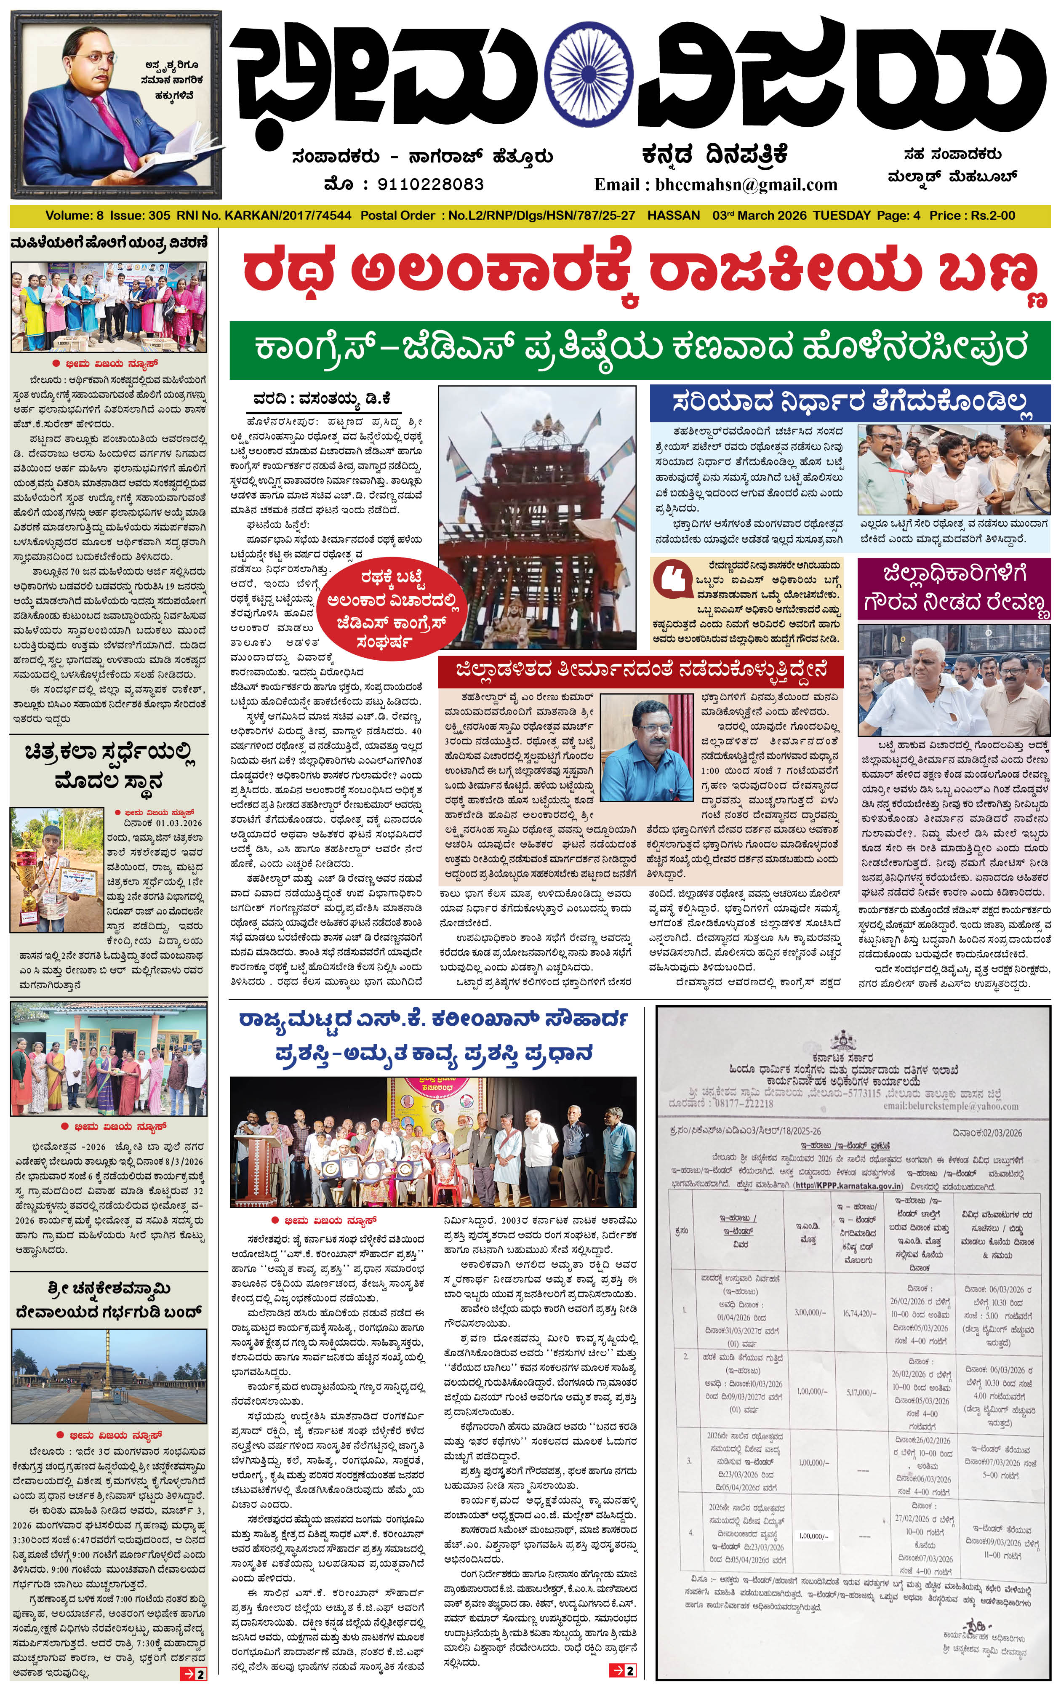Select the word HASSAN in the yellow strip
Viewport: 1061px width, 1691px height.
[674, 216]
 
